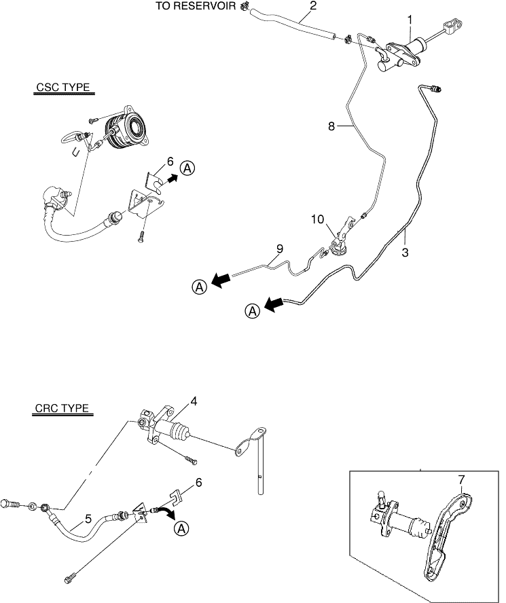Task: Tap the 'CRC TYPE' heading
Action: tap(62, 409)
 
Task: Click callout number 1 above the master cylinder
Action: tap(410, 20)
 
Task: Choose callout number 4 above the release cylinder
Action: tap(194, 401)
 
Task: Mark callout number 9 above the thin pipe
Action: tap(278, 249)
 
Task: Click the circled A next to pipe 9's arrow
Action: tap(199, 287)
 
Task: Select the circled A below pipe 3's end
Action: tap(252, 311)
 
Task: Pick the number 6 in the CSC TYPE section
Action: tap(169, 162)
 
